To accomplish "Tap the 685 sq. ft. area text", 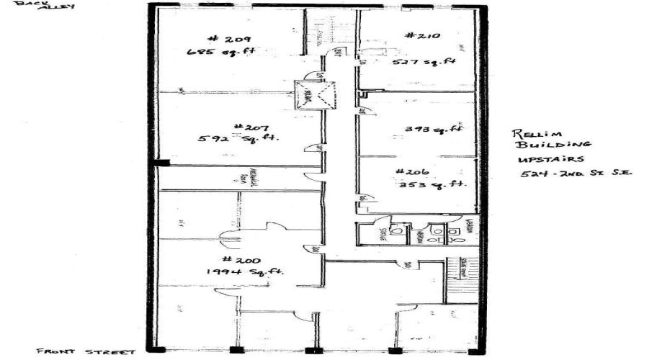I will click(x=221, y=52).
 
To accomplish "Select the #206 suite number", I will click(x=413, y=172).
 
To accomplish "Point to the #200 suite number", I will click(x=238, y=259).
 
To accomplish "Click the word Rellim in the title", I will click(x=532, y=135).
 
